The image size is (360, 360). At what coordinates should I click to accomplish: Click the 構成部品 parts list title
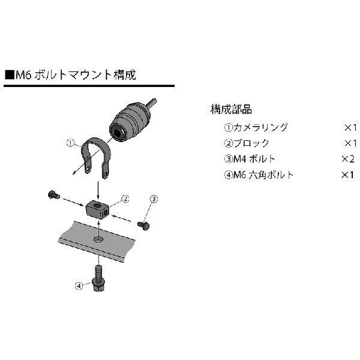click(x=231, y=110)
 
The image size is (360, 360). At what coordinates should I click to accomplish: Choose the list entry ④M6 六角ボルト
click(x=259, y=175)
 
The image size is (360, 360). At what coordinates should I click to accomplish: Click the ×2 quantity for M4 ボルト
click(x=349, y=159)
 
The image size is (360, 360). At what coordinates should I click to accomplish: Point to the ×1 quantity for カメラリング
click(x=350, y=127)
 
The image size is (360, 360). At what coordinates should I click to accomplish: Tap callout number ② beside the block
click(x=125, y=197)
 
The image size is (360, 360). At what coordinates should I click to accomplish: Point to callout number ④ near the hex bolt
click(x=77, y=286)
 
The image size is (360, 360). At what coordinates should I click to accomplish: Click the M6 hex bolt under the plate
click(x=97, y=278)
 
